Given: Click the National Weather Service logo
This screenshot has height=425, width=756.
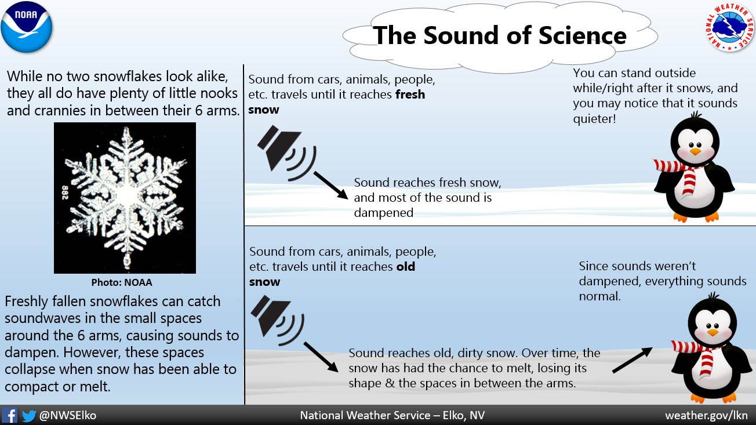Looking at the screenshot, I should (729, 26).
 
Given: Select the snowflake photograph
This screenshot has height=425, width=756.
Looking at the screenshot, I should (125, 197).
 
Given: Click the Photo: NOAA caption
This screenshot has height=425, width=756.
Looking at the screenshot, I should (122, 283).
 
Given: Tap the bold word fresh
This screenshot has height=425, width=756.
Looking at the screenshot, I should (410, 95).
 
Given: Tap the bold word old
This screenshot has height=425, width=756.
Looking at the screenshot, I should (405, 267).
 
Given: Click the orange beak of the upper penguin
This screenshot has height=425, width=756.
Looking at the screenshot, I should (695, 152).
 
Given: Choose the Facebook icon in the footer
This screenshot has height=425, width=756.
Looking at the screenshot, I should (9, 415).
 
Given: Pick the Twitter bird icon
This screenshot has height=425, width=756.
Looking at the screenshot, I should (28, 415).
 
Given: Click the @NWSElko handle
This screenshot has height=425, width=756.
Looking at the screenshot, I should (67, 415).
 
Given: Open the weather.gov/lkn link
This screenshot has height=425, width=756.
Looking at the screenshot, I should (706, 415).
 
